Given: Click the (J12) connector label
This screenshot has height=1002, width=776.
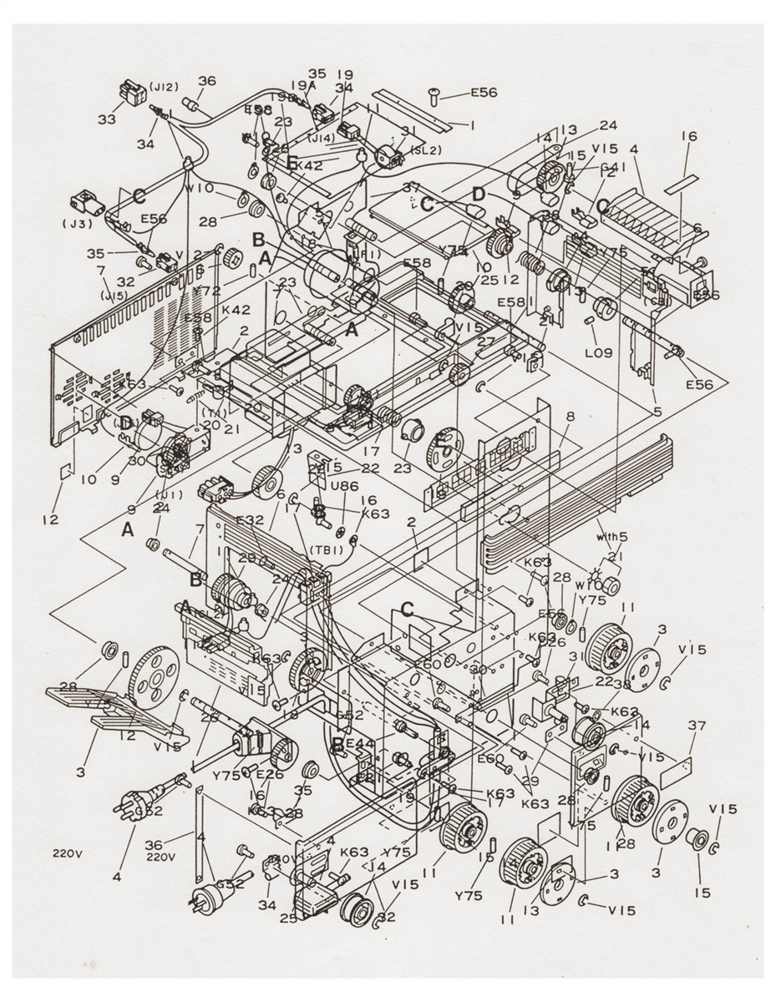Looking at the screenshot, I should click(164, 85).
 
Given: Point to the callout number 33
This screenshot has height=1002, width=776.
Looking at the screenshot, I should click(106, 119).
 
